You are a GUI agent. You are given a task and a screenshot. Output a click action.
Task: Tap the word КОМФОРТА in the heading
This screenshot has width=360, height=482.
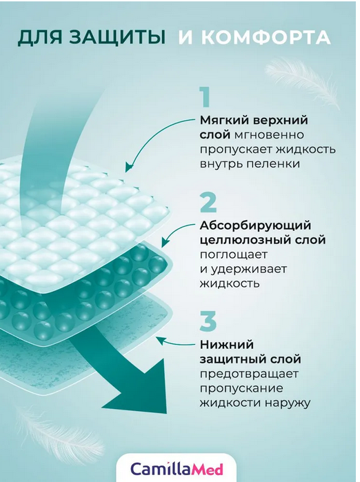coord(266,37)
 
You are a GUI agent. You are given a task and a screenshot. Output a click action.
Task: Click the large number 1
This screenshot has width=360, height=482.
coord(205,97)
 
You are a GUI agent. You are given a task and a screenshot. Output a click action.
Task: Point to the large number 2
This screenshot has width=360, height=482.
coord(208,203)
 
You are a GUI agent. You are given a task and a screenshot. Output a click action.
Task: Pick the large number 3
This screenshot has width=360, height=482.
coord(208,321)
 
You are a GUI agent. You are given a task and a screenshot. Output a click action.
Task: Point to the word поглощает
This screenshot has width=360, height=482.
coord(234,255)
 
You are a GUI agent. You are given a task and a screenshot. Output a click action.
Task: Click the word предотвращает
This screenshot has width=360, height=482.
coord(249,374)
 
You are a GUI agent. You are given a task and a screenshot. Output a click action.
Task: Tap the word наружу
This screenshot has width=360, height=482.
coord(288,403)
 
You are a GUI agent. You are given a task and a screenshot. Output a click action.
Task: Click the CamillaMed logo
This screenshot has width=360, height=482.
coord(177,469)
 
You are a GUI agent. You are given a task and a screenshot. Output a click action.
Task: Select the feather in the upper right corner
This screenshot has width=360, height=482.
coord(303,81)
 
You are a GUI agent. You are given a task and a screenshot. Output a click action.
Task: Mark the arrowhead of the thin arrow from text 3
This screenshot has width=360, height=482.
coord(160,339)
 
